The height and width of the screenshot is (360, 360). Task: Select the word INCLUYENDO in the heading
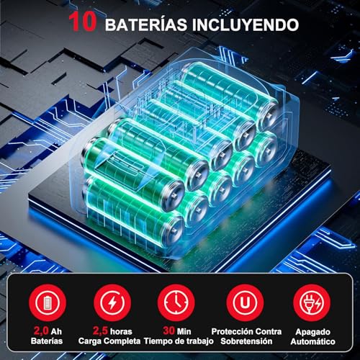coord(248,24)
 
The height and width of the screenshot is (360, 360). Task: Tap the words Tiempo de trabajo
coord(179,341)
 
